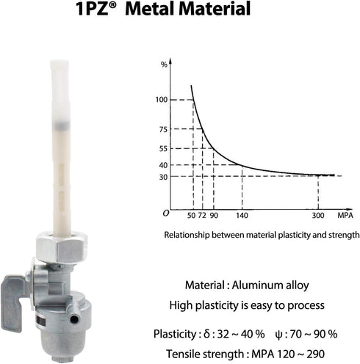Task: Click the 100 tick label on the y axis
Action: click(x=162, y=100)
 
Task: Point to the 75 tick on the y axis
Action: click(x=163, y=129)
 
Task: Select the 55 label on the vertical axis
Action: click(x=163, y=149)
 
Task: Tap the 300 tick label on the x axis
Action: click(x=318, y=216)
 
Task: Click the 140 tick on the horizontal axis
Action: click(x=242, y=216)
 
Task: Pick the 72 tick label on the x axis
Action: click(x=202, y=216)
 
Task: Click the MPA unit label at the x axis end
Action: click(x=345, y=216)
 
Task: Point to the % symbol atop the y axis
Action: click(x=164, y=65)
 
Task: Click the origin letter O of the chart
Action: click(x=166, y=214)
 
